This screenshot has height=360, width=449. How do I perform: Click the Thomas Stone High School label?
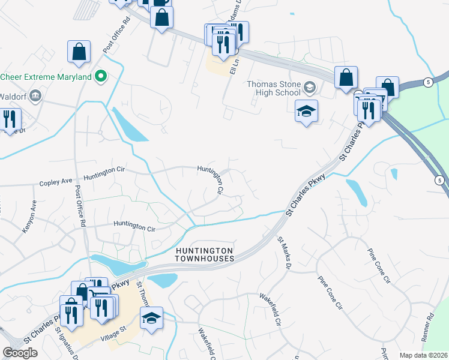click(274, 88)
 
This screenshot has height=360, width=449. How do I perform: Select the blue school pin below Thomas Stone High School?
click(306, 112)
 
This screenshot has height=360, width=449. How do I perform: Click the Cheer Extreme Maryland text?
click(46, 77)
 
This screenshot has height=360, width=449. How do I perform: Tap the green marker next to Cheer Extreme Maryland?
click(101, 77)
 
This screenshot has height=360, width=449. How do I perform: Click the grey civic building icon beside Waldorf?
click(35, 96)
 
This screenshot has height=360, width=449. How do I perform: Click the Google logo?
click(20, 353)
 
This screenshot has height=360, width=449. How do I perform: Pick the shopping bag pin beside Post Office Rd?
click(79, 52)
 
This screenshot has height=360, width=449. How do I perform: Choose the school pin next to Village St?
click(152, 319)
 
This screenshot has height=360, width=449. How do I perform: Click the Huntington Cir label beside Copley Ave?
click(107, 176)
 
